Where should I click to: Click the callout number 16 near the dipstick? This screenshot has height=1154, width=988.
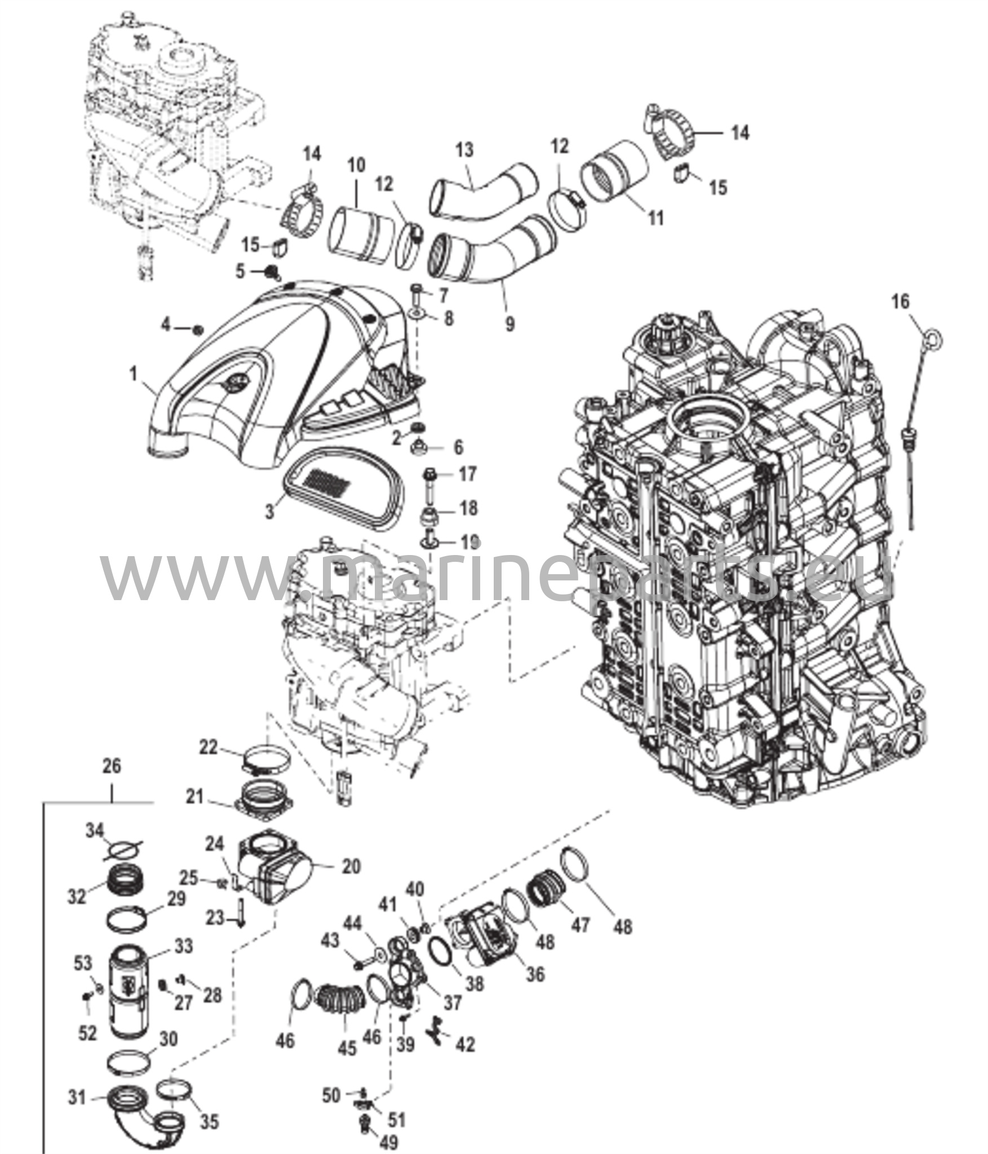pos(901,302)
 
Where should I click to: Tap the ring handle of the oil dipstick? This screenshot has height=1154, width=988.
pos(933,340)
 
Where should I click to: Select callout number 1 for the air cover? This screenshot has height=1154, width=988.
pos(133,374)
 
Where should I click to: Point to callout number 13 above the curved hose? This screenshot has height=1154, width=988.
pos(465,150)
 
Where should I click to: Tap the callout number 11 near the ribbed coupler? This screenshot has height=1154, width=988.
pos(655,218)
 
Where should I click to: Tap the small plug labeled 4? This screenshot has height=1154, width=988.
pos(198,329)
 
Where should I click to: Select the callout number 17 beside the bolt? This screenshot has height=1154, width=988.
pos(467,474)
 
